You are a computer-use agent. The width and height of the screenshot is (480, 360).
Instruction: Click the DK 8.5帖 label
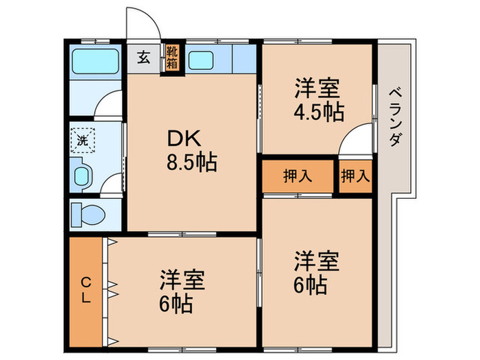point(191,149)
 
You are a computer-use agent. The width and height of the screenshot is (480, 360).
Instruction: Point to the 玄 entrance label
point(143,58)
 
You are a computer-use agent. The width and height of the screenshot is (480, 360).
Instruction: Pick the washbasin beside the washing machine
point(82,176)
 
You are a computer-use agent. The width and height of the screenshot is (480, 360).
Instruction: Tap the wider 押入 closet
point(298,176)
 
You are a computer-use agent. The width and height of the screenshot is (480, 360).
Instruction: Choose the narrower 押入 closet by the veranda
point(355,176)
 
